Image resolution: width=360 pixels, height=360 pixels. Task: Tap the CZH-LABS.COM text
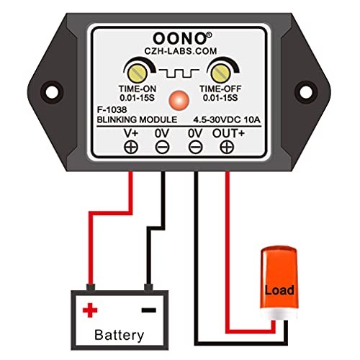180,50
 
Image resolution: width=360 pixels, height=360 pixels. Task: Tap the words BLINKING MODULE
135,121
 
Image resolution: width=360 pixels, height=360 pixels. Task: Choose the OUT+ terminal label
227,133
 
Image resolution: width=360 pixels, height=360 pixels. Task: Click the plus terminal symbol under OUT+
227,147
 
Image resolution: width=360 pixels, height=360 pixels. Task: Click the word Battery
120,335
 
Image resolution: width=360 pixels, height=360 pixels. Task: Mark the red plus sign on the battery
91,310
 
